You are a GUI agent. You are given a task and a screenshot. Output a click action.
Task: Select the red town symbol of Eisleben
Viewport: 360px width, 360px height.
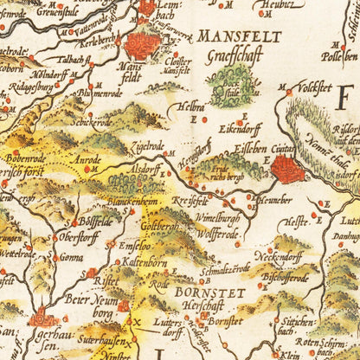point(287,169)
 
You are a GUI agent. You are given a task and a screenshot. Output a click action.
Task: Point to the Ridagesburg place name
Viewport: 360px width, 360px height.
point(33,88)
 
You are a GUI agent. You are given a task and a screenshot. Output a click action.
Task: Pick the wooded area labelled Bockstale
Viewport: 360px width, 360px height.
point(232,87)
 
